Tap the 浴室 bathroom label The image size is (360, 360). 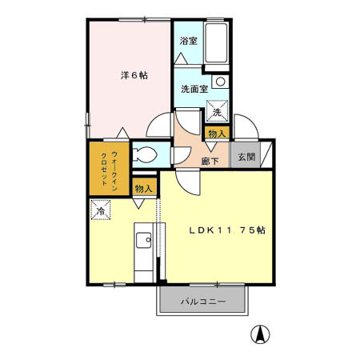(x=188, y=41)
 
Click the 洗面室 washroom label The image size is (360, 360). (x=194, y=89)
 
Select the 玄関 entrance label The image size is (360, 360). (x=246, y=156)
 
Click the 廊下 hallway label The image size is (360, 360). (x=210, y=161)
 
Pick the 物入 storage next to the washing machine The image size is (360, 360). (x=215, y=133)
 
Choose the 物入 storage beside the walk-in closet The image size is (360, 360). (x=144, y=189)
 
